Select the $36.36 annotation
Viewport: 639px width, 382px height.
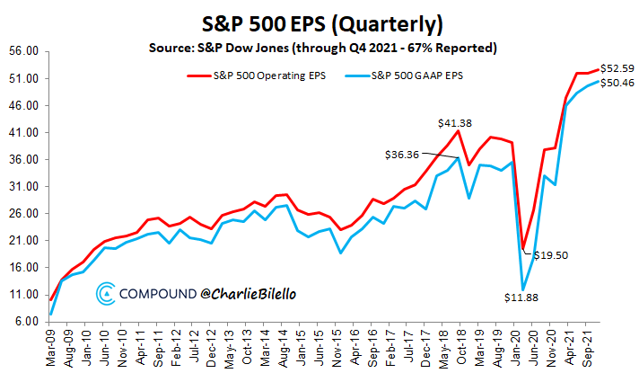(401, 154)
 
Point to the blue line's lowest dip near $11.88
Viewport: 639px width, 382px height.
(522, 289)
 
